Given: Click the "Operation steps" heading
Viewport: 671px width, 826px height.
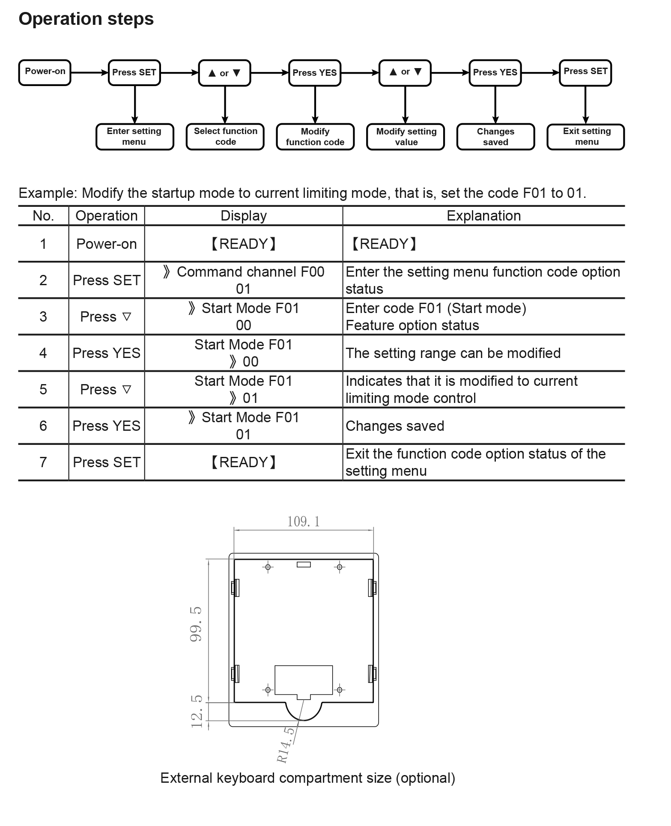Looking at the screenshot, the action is click(x=86, y=20).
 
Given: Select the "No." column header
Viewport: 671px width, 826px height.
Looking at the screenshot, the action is click(x=42, y=217).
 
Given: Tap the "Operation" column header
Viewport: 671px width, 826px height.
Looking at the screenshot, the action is click(x=107, y=217).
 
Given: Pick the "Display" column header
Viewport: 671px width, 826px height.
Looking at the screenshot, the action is click(x=243, y=217).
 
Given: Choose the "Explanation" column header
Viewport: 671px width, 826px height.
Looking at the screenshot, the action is click(x=484, y=217).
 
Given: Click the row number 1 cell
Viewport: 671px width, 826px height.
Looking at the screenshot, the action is click(x=42, y=244).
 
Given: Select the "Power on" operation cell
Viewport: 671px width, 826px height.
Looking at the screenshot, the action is click(x=106, y=244).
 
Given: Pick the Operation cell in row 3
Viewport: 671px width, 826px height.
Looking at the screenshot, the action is click(x=106, y=316).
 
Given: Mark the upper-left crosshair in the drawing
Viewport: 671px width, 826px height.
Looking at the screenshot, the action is click(x=268, y=568).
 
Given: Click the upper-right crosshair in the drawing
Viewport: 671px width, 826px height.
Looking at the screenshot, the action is click(x=340, y=568).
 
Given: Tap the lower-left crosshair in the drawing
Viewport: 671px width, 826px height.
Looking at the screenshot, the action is click(x=268, y=690).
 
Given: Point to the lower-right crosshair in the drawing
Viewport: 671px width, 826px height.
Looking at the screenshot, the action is click(x=340, y=690).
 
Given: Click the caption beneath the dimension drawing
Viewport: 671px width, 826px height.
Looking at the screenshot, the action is click(x=308, y=778).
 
